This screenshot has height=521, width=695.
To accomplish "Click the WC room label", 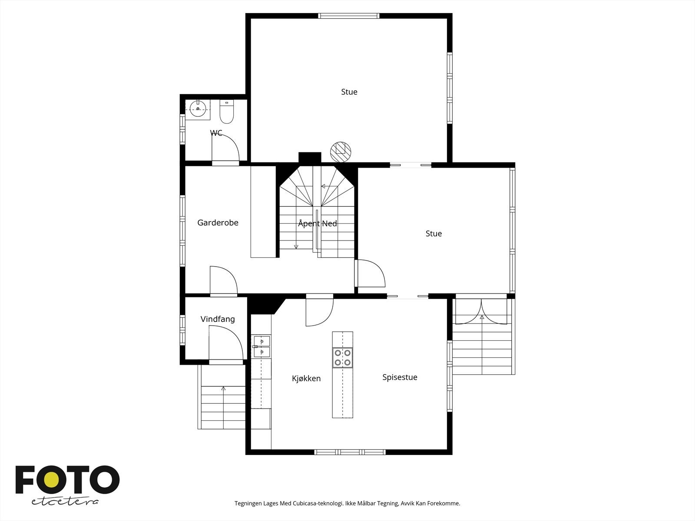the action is point(216,133).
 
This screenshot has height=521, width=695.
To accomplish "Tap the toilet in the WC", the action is point(227,112).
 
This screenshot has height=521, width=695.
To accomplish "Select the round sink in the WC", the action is point(198,109).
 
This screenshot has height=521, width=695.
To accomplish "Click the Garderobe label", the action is point(218,223).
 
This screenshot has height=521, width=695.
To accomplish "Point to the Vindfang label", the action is point(218,319).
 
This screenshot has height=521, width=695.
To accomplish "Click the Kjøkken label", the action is point(306,378).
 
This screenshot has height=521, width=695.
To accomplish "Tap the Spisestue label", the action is point(400,377).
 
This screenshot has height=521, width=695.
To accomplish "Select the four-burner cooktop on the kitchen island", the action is point(343,358).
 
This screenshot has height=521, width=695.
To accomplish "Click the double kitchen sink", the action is point(262,347).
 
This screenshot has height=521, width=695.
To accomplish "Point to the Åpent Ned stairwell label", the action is point(317,224).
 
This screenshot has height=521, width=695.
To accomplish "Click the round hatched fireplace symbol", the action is point(341,152).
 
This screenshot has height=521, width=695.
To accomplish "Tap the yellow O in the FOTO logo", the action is point(52,480).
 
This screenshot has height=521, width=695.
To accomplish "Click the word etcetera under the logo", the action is point(65,502).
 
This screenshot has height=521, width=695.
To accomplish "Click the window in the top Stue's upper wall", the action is point(349,16).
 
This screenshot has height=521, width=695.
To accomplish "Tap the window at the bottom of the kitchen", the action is point(350,452).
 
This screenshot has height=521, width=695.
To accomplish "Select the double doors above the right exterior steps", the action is point(481,312).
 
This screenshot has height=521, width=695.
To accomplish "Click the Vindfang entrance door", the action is point(226,343).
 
